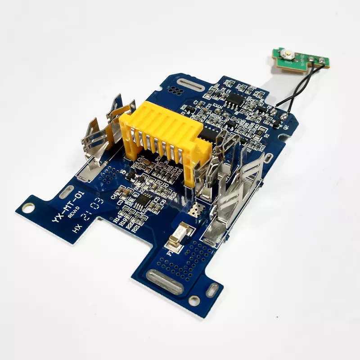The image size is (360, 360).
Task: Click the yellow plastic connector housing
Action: pyautogui.click(x=162, y=130)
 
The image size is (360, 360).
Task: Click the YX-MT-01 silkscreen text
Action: pyautogui.click(x=67, y=205)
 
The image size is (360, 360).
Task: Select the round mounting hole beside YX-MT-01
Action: pyautogui.click(x=28, y=207)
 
